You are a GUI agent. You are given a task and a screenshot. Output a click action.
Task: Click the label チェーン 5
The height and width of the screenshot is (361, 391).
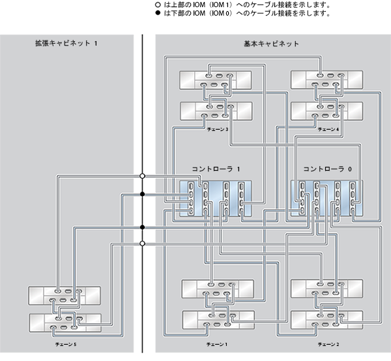pyautogui.click(x=66, y=344)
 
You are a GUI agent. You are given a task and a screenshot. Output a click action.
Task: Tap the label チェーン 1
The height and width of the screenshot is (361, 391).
pyautogui.click(x=217, y=344)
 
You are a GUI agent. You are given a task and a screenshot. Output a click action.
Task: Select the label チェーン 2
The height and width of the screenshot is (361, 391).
pyautogui.click(x=328, y=344)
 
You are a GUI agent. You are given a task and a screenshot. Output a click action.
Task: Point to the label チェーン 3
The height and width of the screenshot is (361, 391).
pyautogui.click(x=218, y=129)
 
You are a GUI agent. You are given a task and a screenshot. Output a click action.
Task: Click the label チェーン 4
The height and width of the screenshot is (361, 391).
pyautogui.click(x=328, y=129)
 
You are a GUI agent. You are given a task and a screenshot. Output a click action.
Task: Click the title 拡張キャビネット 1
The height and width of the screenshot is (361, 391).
pyautogui.click(x=66, y=43)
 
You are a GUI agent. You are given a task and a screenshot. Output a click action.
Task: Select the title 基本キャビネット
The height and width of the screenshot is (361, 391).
pyautogui.click(x=271, y=44)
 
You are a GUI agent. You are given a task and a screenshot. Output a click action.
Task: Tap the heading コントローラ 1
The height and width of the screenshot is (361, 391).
pyautogui.click(x=216, y=169)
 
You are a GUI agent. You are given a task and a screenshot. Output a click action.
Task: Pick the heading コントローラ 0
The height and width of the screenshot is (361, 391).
pyautogui.click(x=327, y=169)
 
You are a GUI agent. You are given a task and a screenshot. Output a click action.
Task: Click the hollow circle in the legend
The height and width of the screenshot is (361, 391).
pyautogui.click(x=158, y=5)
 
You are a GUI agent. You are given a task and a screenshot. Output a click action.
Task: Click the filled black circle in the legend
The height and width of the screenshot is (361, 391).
pyautogui.click(x=158, y=13)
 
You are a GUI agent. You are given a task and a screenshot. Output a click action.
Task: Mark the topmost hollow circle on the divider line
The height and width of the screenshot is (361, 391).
pyautogui.click(x=142, y=176)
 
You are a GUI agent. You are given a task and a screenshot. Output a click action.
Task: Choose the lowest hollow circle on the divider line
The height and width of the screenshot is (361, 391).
pyautogui.click(x=142, y=243)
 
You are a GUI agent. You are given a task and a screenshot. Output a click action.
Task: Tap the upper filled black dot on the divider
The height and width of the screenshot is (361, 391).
pyautogui.click(x=142, y=194)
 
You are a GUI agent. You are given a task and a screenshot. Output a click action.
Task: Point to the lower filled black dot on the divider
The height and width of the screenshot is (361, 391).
pyautogui.click(x=142, y=227)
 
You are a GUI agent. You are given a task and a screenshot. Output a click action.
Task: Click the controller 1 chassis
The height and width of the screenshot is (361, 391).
pyautogui.click(x=216, y=199)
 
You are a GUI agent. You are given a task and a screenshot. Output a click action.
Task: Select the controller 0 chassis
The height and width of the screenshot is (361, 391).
pyautogui.click(x=327, y=199)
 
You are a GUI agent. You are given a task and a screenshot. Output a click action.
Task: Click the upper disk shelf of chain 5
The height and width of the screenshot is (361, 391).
pyautogui.click(x=65, y=295)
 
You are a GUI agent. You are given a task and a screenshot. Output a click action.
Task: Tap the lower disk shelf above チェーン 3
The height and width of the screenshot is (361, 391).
pyautogui.click(x=216, y=111)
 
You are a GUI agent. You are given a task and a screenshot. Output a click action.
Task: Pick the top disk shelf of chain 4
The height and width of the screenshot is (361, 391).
pyautogui.click(x=327, y=79)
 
